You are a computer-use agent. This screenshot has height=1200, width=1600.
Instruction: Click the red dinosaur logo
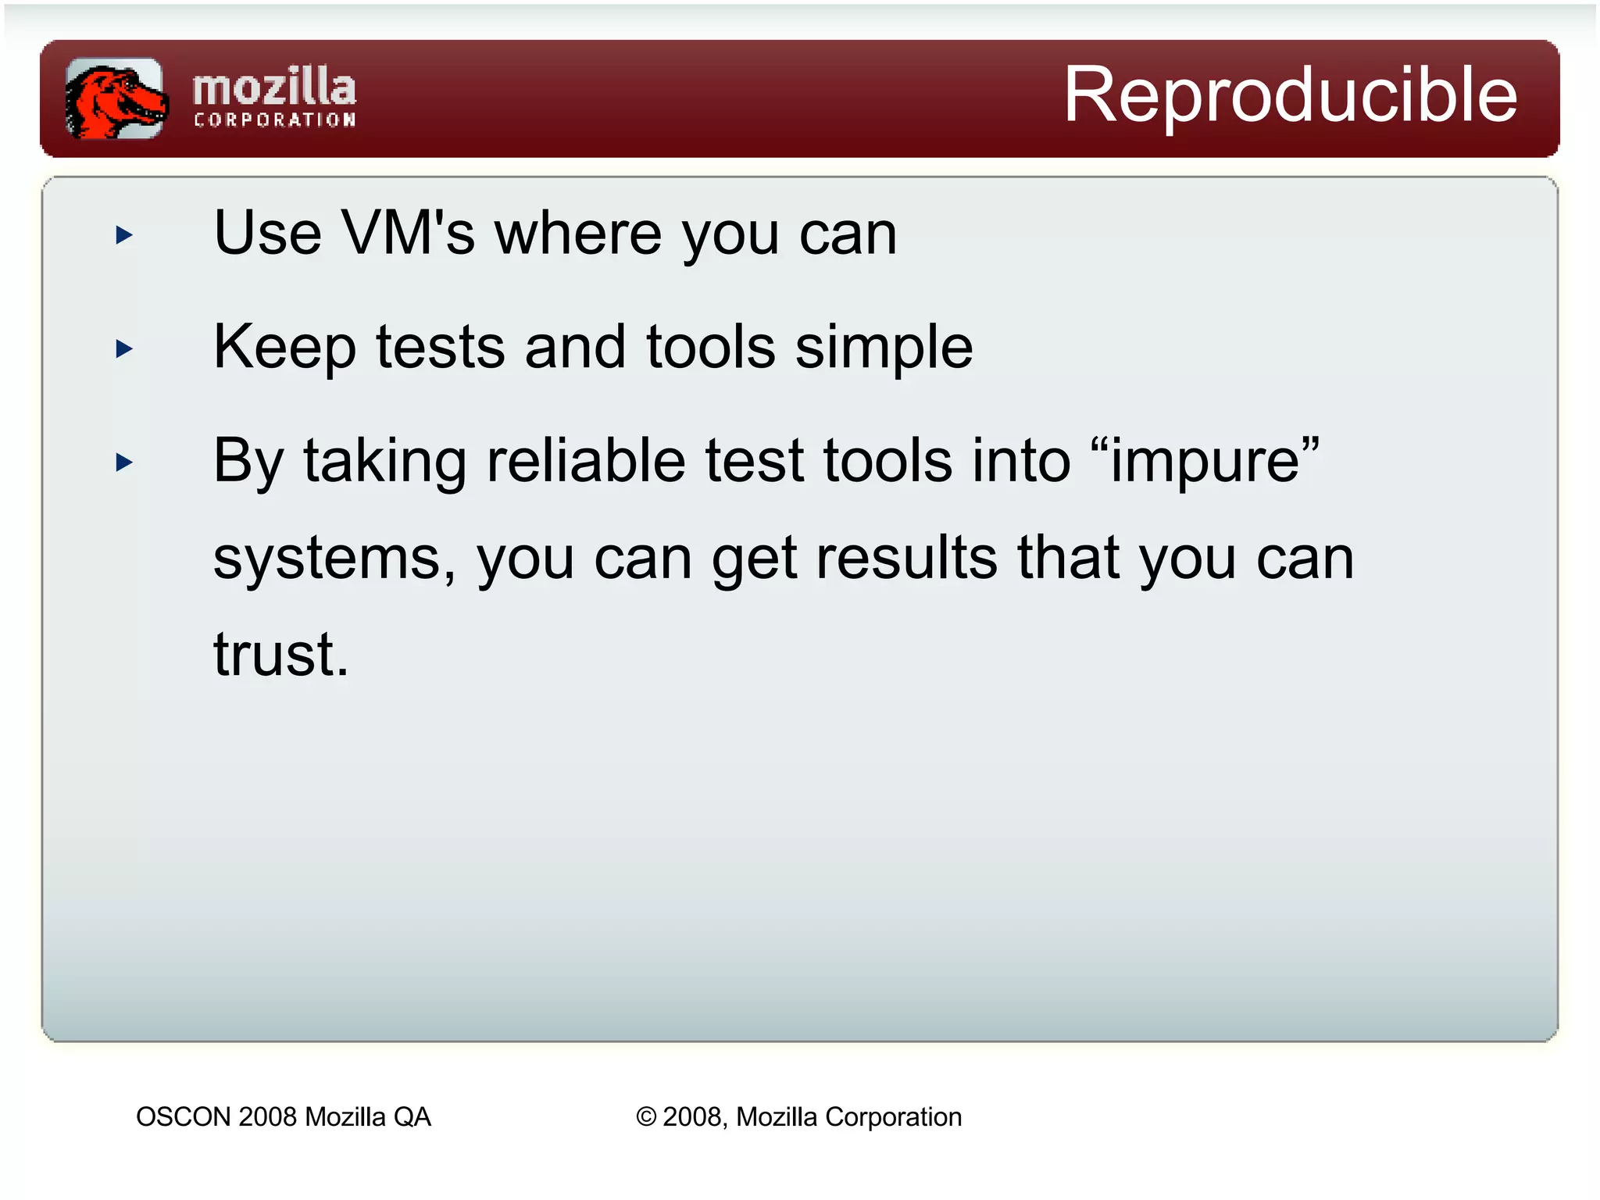click(116, 98)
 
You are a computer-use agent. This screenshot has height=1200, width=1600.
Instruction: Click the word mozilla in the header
click(274, 87)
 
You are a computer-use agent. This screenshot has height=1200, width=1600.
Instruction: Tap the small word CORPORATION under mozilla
click(274, 120)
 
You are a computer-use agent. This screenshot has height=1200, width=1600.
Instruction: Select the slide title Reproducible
click(1290, 95)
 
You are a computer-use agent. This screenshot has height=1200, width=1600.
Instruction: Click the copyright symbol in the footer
click(646, 1117)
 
